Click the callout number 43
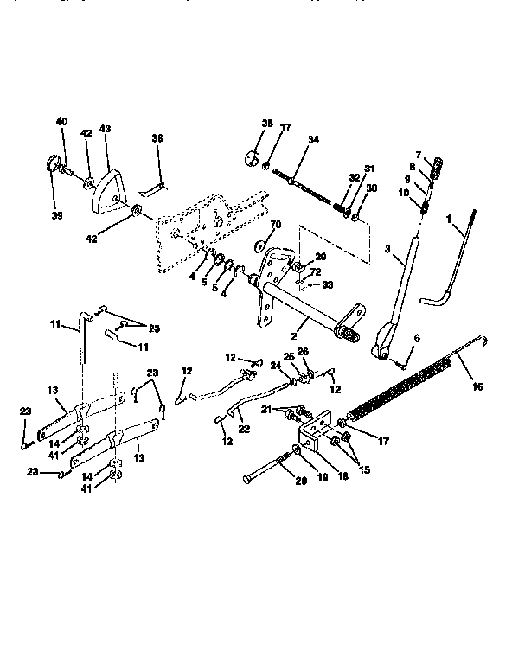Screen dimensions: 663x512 click(106, 128)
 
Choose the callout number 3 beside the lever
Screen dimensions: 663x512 click(389, 249)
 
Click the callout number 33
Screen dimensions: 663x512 click(328, 284)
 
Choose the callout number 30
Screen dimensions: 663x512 click(372, 187)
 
